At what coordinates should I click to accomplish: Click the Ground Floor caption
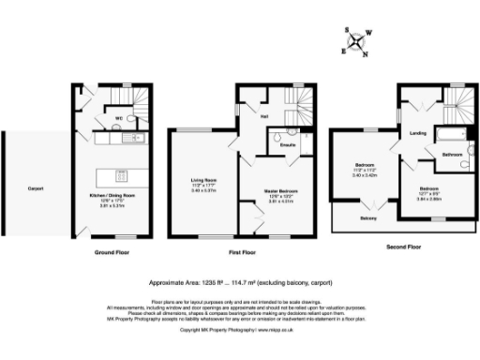[111, 252]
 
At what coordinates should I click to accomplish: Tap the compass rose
[358, 42]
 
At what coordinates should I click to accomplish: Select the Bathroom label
[453, 154]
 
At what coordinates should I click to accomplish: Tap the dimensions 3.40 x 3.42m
[365, 174]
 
